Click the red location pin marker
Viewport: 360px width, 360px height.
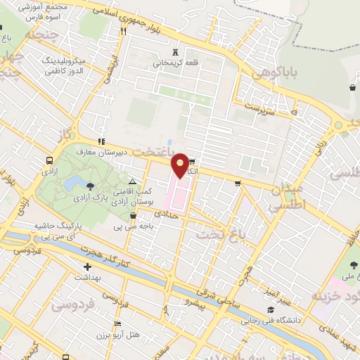tap(180, 166)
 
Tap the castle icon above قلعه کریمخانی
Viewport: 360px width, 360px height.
tap(175, 51)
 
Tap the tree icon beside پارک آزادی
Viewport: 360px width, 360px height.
tap(91, 186)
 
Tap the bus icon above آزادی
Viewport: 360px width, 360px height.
tap(49, 160)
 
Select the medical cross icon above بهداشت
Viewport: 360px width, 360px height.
tap(87, 266)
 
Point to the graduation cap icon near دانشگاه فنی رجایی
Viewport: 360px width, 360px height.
tap(270, 310)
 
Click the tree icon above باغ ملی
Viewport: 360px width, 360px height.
tap(354, 264)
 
